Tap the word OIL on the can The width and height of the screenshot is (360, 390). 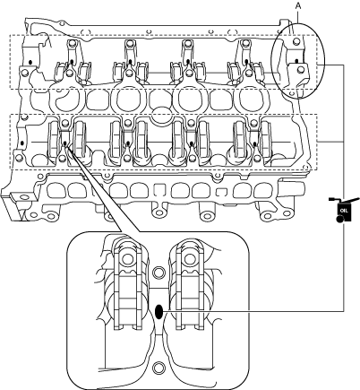344,211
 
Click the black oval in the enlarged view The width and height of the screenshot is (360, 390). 159,312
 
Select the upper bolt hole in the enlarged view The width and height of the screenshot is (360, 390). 159,273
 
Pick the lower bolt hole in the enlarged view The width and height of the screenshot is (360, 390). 159,368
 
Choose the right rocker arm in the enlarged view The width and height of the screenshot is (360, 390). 190,284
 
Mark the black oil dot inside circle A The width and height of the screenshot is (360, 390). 296,61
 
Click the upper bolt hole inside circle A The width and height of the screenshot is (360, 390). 296,41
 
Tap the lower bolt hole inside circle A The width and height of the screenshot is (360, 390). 301,70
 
